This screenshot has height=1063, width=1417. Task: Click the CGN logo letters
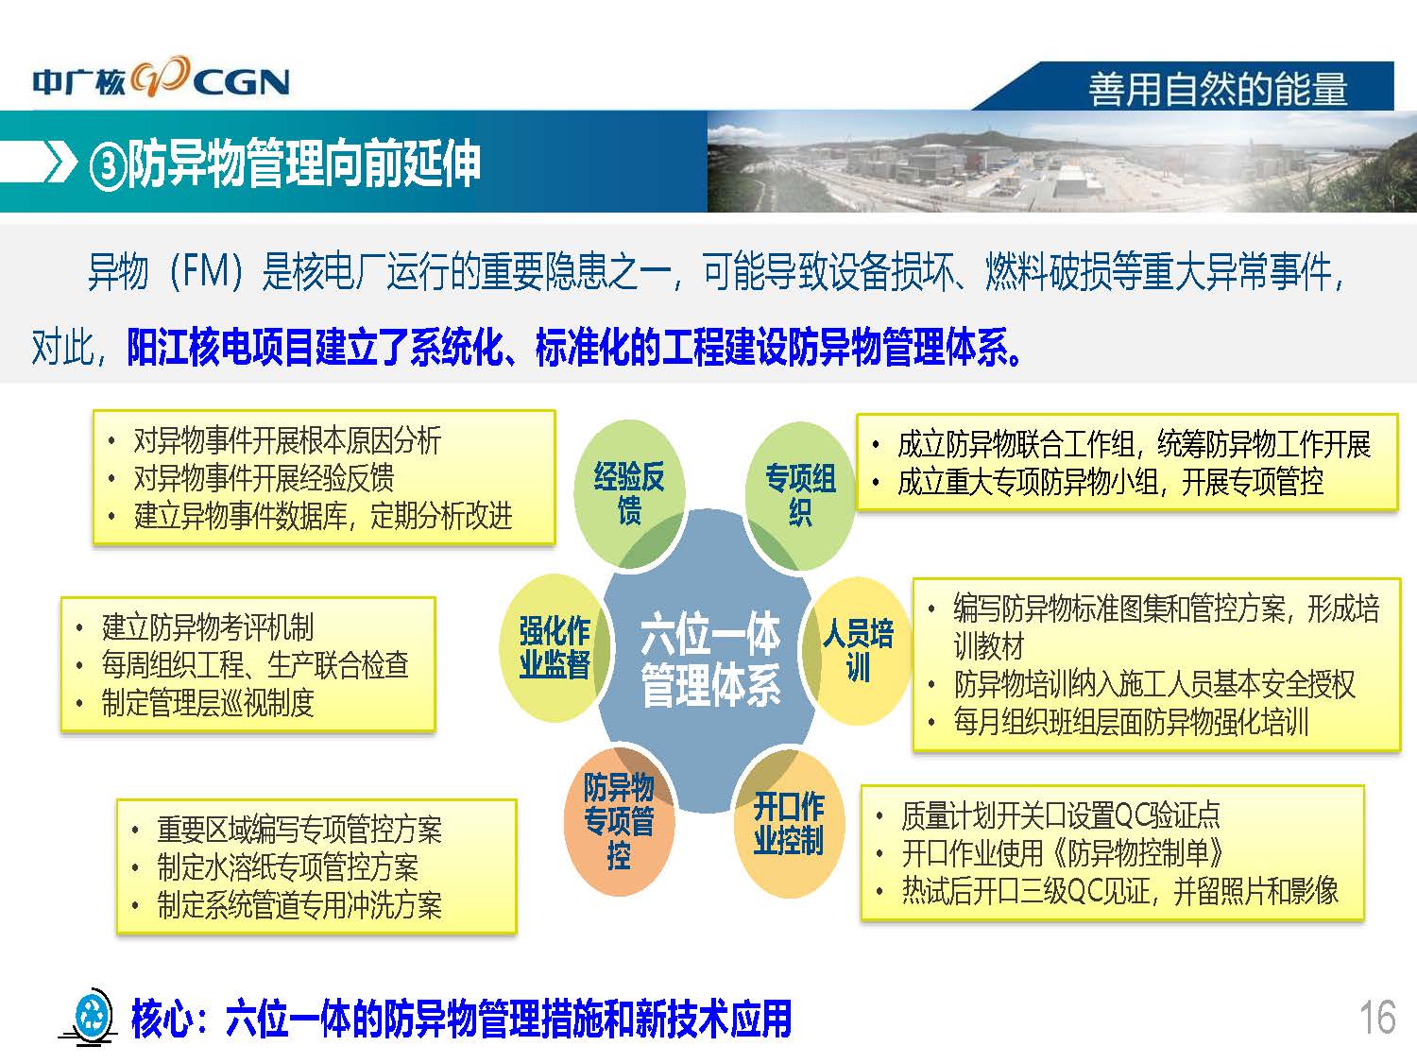click(242, 83)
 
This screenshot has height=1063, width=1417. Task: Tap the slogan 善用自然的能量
click(1219, 89)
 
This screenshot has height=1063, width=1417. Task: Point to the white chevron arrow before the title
click(61, 162)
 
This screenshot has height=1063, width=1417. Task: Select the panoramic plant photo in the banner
click(1062, 162)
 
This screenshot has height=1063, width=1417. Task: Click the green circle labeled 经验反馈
click(629, 494)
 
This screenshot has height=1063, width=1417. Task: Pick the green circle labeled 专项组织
click(800, 496)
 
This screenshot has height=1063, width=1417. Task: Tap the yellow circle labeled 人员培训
click(858, 650)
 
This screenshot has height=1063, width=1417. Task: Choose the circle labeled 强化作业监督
click(555, 648)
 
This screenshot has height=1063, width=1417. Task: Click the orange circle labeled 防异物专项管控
click(619, 821)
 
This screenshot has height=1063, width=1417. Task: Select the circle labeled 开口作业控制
click(789, 824)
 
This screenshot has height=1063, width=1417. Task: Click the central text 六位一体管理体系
click(710, 660)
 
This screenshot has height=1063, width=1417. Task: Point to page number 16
click(1377, 1018)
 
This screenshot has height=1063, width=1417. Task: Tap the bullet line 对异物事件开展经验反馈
click(264, 478)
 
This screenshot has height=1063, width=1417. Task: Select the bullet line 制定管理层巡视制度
click(208, 703)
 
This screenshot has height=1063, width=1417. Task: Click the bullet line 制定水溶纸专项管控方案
click(288, 866)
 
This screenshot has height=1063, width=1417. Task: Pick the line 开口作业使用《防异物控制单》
click(1062, 853)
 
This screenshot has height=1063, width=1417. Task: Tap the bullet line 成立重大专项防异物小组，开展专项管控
click(1110, 482)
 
